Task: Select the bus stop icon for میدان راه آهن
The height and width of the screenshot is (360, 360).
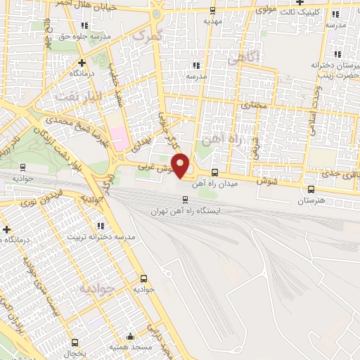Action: [x=214, y=172]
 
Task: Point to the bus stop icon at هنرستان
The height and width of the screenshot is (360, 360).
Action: [x=311, y=188]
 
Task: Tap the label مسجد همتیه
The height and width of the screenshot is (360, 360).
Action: [x=129, y=348]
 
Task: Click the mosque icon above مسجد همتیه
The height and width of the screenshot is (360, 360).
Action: [x=129, y=336]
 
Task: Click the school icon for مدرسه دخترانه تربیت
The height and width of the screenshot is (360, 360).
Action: [x=100, y=226]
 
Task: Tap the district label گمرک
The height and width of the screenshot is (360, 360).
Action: [x=147, y=33]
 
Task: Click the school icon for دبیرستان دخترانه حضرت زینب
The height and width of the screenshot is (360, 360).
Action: [x=337, y=53]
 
